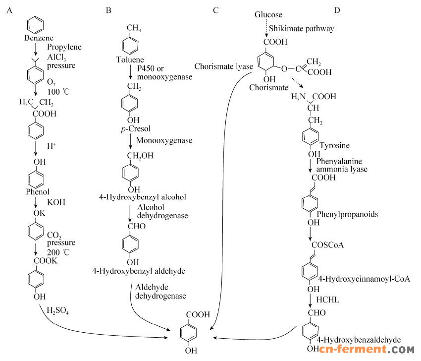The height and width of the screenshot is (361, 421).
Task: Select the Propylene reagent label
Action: point(64,47)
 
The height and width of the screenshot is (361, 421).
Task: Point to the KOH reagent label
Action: point(56,203)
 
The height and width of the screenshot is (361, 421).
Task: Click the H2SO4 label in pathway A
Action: point(57,311)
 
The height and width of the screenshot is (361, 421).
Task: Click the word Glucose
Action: point(268,14)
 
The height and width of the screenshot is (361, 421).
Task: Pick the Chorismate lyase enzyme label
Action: point(224,66)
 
